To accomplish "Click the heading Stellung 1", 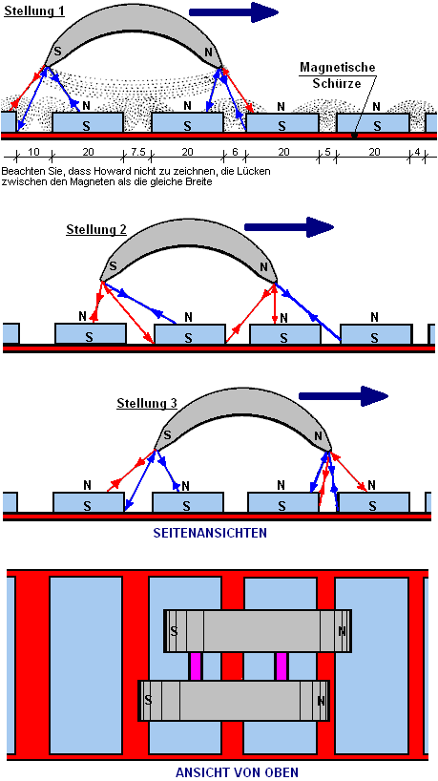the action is point(34,11).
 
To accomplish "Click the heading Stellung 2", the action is point(96,230).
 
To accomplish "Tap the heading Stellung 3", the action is point(147,403).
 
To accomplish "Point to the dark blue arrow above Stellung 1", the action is point(234,12).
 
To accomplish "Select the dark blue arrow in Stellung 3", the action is point(343,396).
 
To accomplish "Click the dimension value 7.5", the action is point(136,153).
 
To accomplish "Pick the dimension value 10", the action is point(33,153).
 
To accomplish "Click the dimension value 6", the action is point(235,153).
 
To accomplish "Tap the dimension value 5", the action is point(327,153).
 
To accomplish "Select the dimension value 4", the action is point(417,153).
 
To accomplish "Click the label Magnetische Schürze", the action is point(337,75).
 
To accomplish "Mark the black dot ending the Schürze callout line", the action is point(354,135).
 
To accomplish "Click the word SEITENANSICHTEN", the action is point(217,533).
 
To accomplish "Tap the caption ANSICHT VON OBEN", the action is point(237,772).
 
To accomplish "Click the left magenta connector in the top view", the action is point(196,666).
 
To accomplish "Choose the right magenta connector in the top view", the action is point(282,666).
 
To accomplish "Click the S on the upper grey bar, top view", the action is point(174,631).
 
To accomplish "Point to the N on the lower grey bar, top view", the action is point(321,701).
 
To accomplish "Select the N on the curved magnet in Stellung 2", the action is point(264,265).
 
